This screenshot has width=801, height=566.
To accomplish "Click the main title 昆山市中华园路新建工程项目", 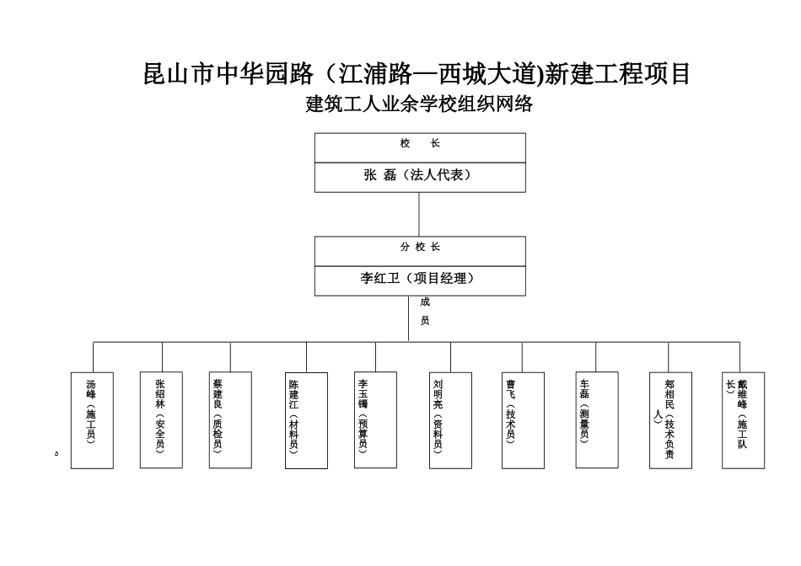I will [x=418, y=74].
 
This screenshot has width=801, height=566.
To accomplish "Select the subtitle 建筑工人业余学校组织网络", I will [x=418, y=105].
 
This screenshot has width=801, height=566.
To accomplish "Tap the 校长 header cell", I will [x=420, y=145].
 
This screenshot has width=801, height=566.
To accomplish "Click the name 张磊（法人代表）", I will [x=420, y=176].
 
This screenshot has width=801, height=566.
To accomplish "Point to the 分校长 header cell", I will [x=420, y=248].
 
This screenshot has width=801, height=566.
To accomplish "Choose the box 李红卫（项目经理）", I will [x=420, y=279].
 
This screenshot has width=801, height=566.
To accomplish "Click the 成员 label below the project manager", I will [x=425, y=311].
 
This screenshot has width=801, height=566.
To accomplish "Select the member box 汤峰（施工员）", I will [x=92, y=419].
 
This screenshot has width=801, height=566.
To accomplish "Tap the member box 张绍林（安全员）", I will [x=161, y=419].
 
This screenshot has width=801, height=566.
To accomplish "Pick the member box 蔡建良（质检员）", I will [x=230, y=419].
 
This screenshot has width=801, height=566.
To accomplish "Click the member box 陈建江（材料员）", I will [x=306, y=419].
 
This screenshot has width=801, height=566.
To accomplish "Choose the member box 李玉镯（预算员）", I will [x=375, y=419].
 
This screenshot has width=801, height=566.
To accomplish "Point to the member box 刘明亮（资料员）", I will [x=450, y=419].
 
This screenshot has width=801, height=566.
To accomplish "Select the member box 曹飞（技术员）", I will [x=522, y=419].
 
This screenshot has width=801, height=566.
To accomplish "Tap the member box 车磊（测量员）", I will [x=596, y=419].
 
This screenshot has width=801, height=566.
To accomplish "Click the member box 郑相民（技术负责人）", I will [x=671, y=419].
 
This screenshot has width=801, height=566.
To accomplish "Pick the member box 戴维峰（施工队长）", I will [x=743, y=419].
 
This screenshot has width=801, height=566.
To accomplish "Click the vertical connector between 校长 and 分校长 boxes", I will [x=420, y=214].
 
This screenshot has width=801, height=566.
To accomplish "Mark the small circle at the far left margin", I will [x=56, y=454].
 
